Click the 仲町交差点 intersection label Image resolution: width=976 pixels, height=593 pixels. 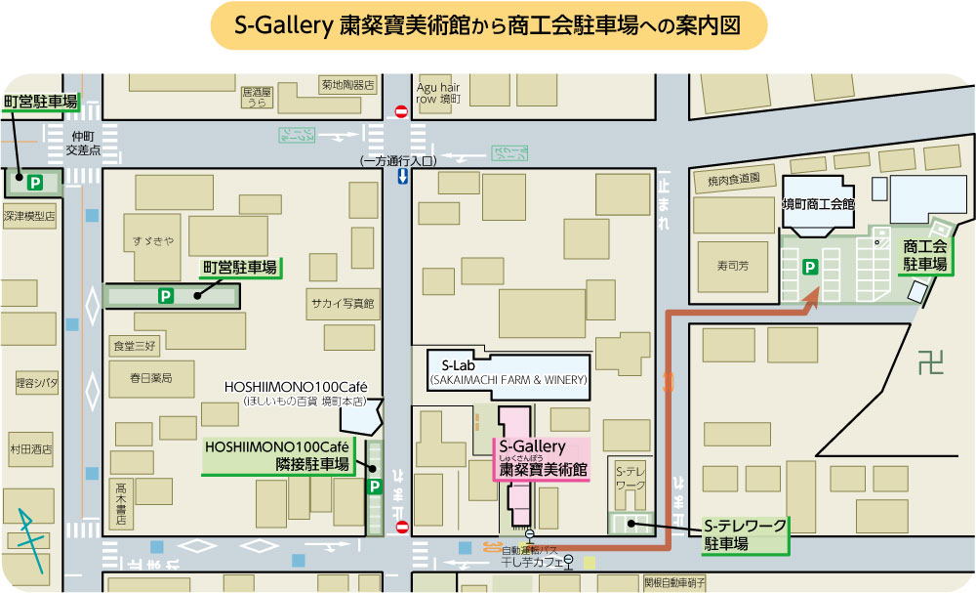pyautogui.click(x=83, y=144)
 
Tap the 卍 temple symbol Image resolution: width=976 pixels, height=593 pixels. pyautogui.click(x=931, y=364)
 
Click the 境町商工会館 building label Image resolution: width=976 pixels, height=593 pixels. pyautogui.click(x=818, y=205)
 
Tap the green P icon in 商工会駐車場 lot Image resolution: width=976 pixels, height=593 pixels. pyautogui.click(x=809, y=266)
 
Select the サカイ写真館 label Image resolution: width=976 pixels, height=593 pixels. pyautogui.click(x=342, y=304)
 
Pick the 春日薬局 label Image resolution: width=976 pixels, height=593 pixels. pyautogui.click(x=150, y=377)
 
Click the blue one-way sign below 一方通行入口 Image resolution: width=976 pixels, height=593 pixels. pyautogui.click(x=401, y=177)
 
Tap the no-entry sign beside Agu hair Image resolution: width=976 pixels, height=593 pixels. pyautogui.click(x=400, y=112)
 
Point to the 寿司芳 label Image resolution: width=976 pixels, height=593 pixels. pyautogui.click(x=731, y=263)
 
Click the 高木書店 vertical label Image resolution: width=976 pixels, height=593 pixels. pyautogui.click(x=120, y=504)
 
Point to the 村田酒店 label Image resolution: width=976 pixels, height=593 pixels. pyautogui.click(x=32, y=449)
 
